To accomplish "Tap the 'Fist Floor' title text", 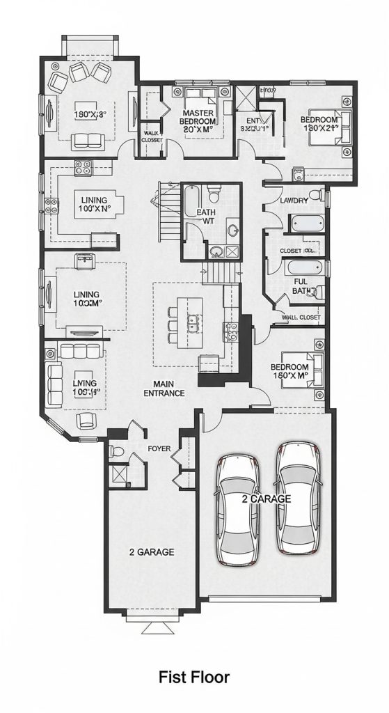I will click(193, 676).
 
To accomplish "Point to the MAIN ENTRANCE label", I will click(164, 389).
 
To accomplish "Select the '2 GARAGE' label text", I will click(151, 552).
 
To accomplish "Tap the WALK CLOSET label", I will click(152, 136).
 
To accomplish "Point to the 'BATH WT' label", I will click(206, 217).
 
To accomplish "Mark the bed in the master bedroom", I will click(200, 97).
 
